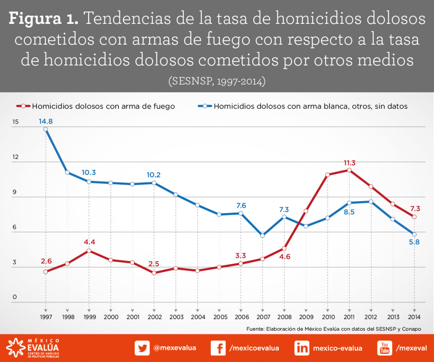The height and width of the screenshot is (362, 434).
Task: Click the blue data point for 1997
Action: click(x=46, y=129)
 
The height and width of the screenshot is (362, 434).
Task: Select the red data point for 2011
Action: click(x=349, y=170)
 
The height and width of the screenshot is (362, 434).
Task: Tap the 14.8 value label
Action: click(x=46, y=121)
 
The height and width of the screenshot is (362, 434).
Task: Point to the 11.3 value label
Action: click(x=350, y=163)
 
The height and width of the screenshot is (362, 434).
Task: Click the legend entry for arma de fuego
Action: click(x=96, y=106)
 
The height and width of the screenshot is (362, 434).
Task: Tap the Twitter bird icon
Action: click(x=142, y=348)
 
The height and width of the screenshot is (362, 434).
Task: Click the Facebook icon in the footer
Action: click(x=218, y=348)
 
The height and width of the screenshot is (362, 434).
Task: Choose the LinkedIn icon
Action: click(x=302, y=348)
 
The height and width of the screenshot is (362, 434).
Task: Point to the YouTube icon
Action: click(x=384, y=348)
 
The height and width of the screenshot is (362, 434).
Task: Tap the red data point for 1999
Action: click(x=89, y=251)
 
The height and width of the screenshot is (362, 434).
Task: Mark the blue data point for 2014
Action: click(x=414, y=234)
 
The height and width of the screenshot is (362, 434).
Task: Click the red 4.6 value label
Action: click(x=285, y=257)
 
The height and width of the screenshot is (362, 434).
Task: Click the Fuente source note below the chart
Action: click(x=334, y=329)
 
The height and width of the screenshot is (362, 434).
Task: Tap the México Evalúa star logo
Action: click(x=15, y=348)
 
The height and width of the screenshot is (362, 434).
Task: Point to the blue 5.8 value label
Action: click(x=414, y=242)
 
